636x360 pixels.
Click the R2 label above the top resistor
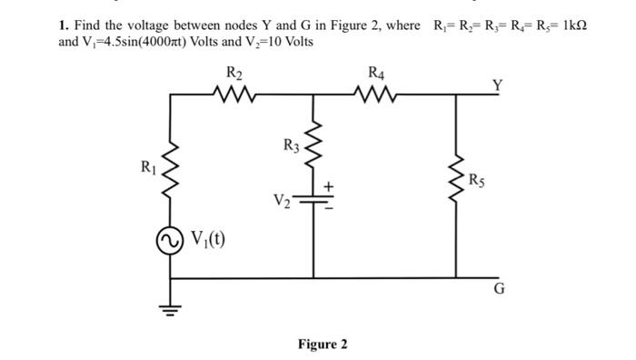pos(234,73)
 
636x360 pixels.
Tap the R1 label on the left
pos(147,166)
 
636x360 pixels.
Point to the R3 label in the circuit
pos(290,145)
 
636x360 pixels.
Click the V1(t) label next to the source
pos(207,240)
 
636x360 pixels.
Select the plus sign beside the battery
pos(330,185)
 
